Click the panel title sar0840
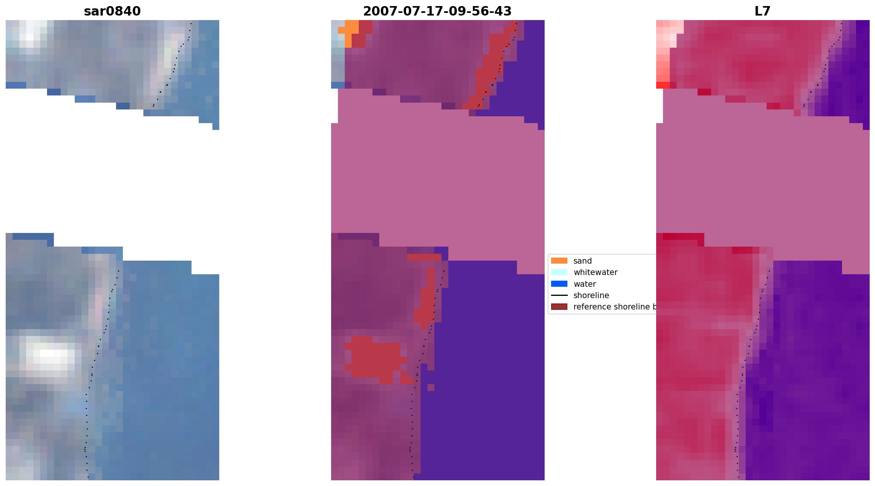click(112, 11)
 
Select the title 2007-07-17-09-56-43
click(437, 11)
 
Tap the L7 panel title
click(762, 11)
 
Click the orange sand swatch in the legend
click(559, 261)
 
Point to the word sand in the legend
click(583, 261)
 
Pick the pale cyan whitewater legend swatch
click(559, 272)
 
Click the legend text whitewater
click(595, 272)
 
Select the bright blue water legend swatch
click(559, 284)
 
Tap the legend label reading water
click(584, 284)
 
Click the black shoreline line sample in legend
click(559, 295)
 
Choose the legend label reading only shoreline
click(591, 295)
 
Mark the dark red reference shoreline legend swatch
click(559, 306)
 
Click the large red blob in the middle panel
click(375, 358)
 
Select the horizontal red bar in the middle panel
click(424, 257)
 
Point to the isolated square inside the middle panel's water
click(431, 388)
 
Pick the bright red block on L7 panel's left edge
click(663, 85)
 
